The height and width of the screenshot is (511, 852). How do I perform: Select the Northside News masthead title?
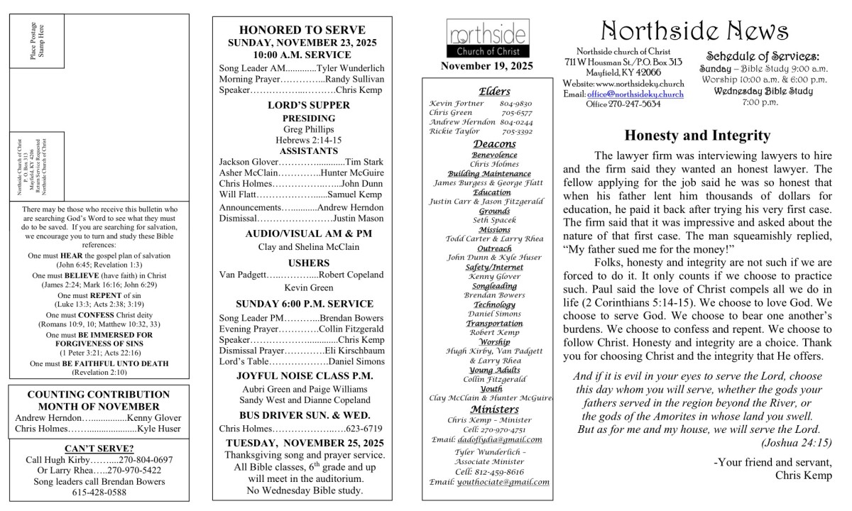tap(694, 30)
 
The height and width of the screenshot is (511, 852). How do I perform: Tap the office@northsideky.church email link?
tap(635, 94)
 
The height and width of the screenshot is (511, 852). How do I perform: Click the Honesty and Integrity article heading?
tap(698, 136)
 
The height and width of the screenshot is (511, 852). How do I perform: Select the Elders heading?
tap(490, 92)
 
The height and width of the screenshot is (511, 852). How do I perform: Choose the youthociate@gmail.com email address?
tap(503, 482)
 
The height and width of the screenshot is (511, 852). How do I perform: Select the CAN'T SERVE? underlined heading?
tap(99, 449)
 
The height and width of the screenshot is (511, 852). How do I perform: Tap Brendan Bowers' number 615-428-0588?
tap(99, 492)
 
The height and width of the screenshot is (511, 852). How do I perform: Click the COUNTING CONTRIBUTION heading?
tap(99, 395)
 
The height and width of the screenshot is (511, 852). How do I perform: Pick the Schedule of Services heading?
tap(763, 57)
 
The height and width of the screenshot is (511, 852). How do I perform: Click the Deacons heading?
tap(490, 144)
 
